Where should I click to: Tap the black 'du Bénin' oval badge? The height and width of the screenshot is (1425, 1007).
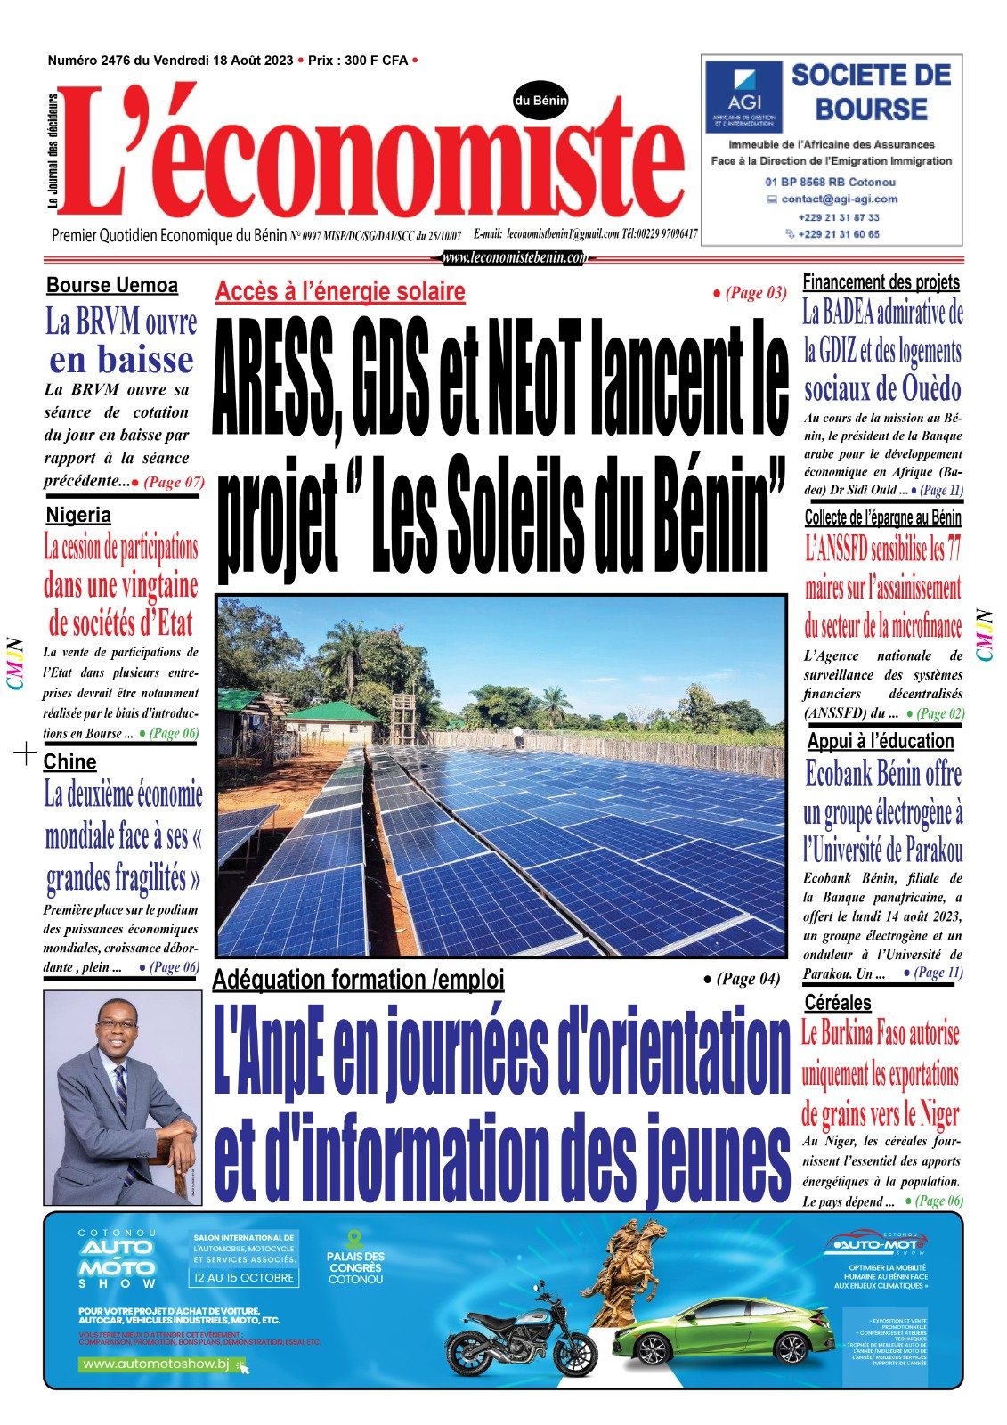click(x=540, y=101)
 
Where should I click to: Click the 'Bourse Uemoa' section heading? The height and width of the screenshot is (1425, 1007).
click(x=112, y=286)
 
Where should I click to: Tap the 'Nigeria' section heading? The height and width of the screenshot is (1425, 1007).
click(x=78, y=515)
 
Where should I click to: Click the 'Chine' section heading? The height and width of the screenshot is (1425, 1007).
click(x=69, y=761)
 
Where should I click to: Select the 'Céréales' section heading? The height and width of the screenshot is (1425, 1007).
click(x=837, y=1002)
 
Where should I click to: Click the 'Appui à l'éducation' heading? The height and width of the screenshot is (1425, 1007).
click(x=880, y=741)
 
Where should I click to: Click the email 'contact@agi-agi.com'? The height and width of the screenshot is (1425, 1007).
click(x=839, y=199)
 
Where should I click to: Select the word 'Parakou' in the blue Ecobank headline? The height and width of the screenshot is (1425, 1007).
click(x=926, y=851)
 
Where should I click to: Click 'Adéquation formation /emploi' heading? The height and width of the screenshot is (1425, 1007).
click(x=358, y=980)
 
